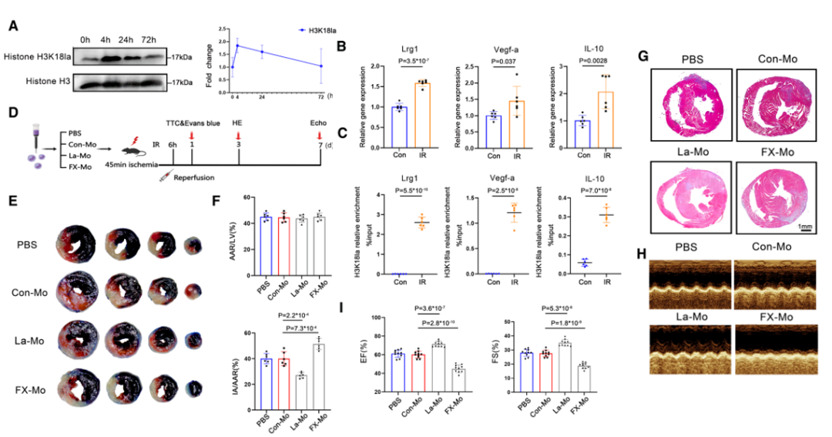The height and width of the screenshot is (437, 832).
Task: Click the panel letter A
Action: tap(13, 25)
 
